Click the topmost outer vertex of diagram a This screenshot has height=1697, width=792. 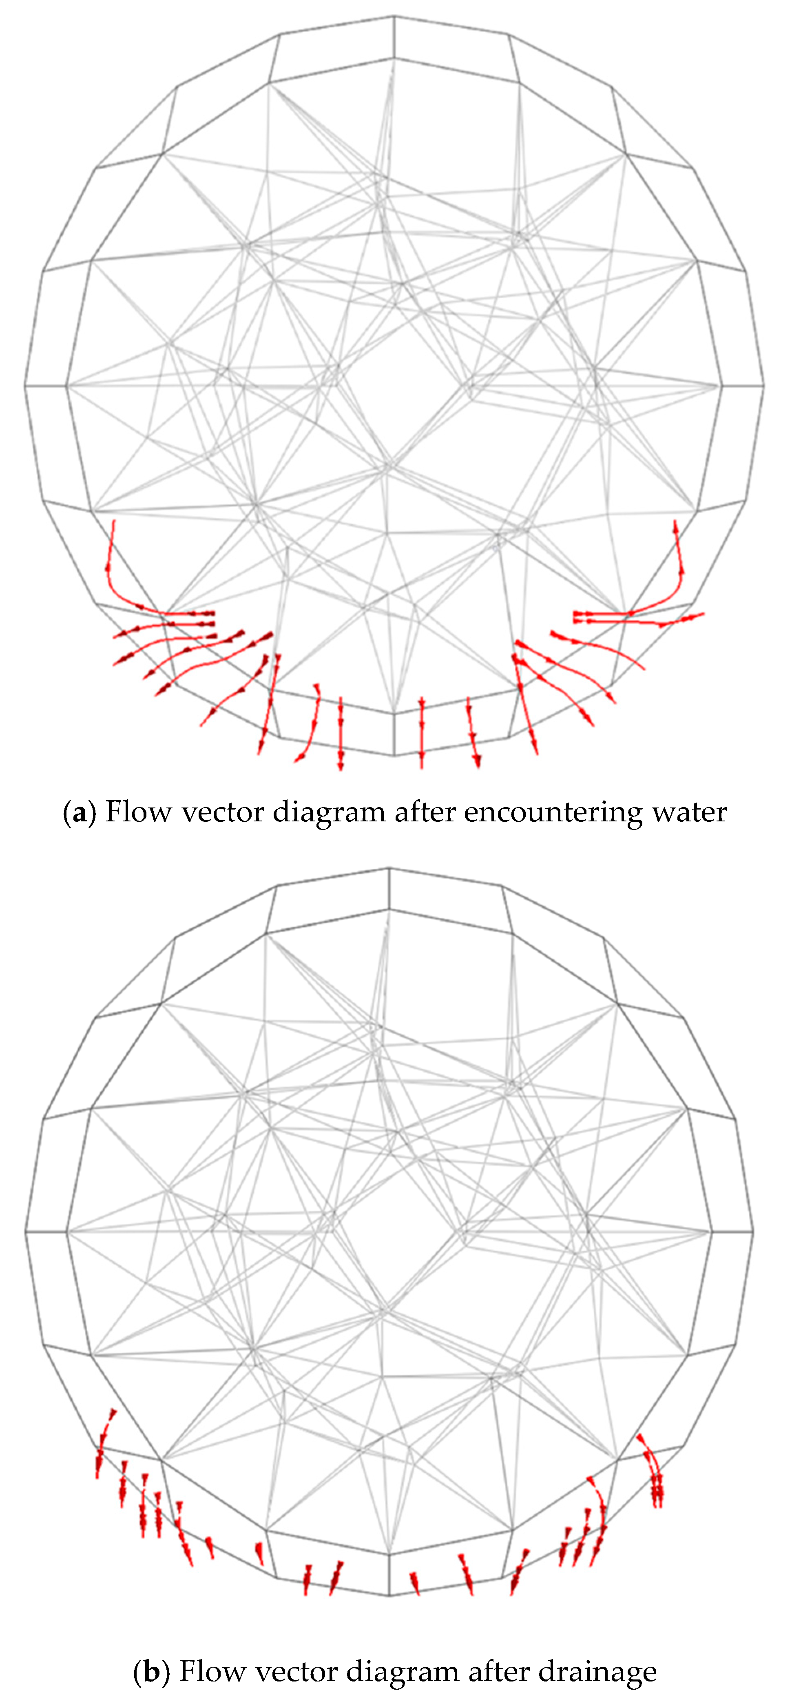(x=394, y=16)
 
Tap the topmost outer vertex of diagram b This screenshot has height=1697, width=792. (x=389, y=867)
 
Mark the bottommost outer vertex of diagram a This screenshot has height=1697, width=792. (x=394, y=755)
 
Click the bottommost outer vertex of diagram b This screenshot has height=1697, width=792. (x=389, y=1595)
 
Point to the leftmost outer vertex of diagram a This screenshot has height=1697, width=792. (x=25, y=385)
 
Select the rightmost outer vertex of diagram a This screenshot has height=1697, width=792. (x=764, y=385)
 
